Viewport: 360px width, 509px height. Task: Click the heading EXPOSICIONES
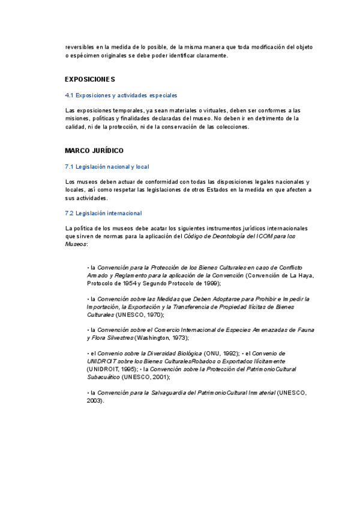90,79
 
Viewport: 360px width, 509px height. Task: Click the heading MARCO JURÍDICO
94,151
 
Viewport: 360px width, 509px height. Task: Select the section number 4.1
69,95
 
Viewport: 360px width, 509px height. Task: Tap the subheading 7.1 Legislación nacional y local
107,166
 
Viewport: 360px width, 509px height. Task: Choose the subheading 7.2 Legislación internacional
103,213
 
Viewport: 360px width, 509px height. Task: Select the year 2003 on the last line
95,400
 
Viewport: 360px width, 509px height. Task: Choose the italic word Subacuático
103,377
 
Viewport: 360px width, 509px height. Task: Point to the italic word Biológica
185,354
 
